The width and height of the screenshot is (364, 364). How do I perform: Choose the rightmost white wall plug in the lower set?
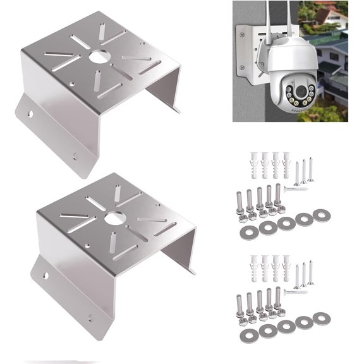pos(281,267)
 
